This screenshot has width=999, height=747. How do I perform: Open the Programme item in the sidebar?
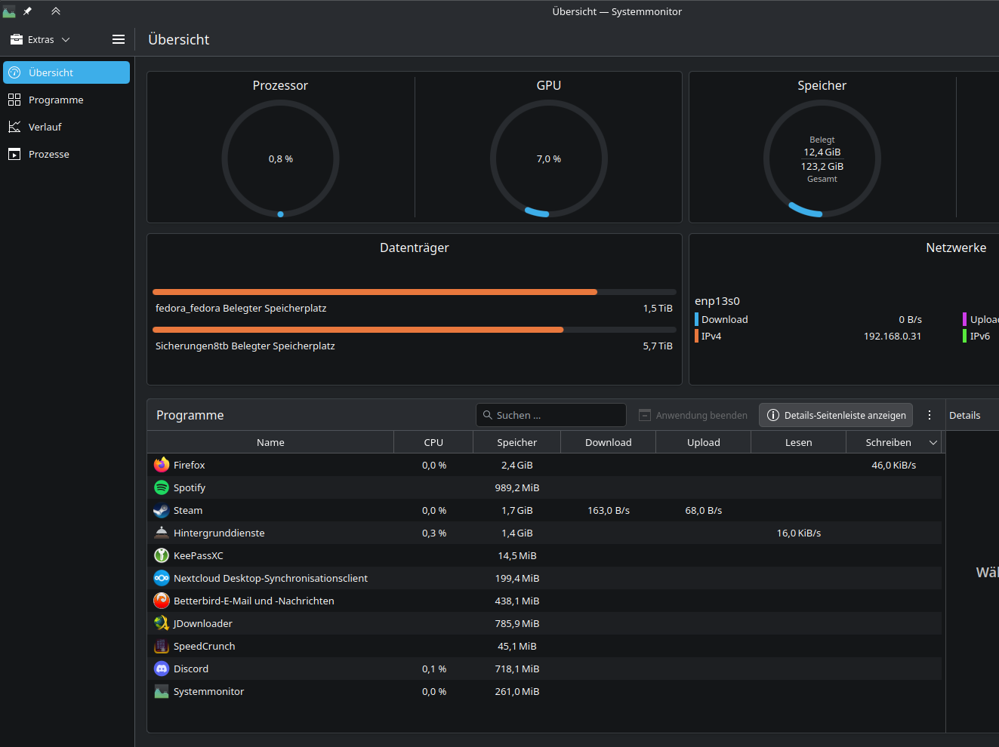pyautogui.click(x=56, y=100)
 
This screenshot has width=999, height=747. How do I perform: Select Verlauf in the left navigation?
pyautogui.click(x=45, y=127)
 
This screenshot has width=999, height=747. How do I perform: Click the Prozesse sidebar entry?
pyautogui.click(x=48, y=154)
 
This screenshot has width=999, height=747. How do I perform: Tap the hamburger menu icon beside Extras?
pyautogui.click(x=119, y=39)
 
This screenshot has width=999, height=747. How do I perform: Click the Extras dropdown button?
pyautogui.click(x=40, y=39)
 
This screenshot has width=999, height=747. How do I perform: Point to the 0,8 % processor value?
pyautogui.click(x=281, y=158)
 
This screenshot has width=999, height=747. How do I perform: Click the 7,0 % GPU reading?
pyautogui.click(x=549, y=158)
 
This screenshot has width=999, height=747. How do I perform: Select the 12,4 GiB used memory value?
pyautogui.click(x=822, y=152)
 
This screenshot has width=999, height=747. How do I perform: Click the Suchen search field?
pyautogui.click(x=550, y=415)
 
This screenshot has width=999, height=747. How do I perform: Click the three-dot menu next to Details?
pyautogui.click(x=930, y=415)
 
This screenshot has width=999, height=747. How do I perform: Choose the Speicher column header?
pyautogui.click(x=517, y=442)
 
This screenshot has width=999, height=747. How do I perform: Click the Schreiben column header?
pyautogui.click(x=889, y=442)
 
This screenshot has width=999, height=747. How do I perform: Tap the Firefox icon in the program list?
pyautogui.click(x=161, y=465)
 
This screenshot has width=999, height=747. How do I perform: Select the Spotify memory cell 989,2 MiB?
pyautogui.click(x=517, y=488)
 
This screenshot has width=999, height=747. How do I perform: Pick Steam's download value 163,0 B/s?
pyautogui.click(x=609, y=511)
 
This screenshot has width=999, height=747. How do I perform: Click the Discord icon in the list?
pyautogui.click(x=161, y=669)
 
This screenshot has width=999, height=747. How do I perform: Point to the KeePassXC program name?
pyautogui.click(x=199, y=555)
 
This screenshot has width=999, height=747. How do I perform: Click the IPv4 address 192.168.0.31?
pyautogui.click(x=893, y=336)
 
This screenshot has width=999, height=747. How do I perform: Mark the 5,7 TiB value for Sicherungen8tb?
pyautogui.click(x=658, y=346)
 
